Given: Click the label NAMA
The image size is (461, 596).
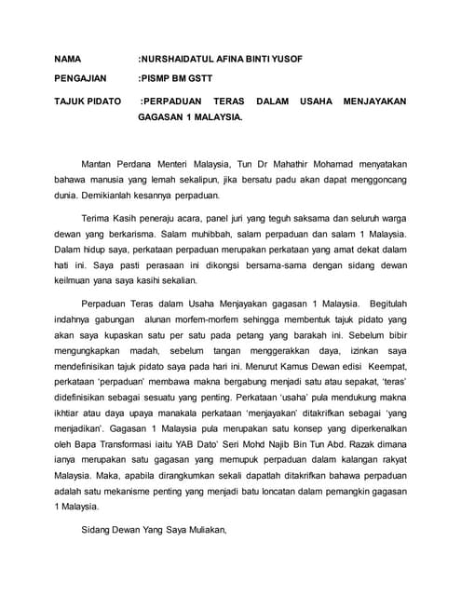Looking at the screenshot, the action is point(69,58).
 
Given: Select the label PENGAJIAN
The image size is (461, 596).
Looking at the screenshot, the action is point(82,79).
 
